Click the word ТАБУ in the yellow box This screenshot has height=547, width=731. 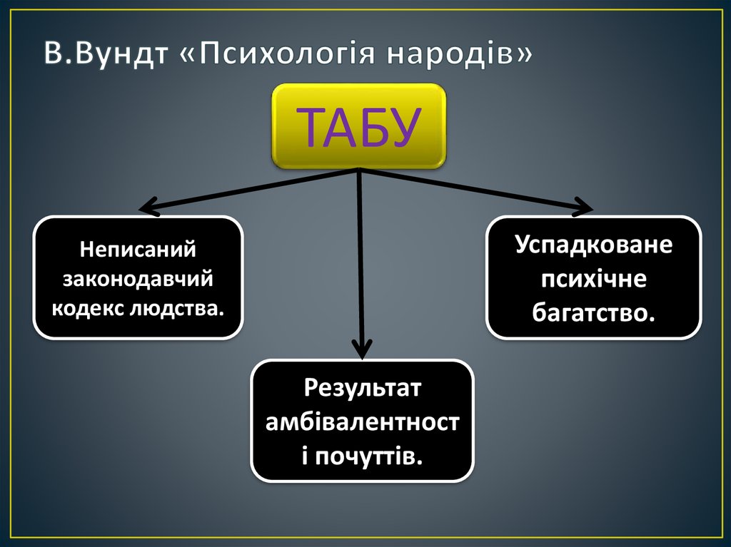358,127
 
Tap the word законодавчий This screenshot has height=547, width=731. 138,279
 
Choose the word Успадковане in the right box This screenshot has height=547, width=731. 593,245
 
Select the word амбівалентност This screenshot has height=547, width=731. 362,422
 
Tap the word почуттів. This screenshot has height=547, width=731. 370,455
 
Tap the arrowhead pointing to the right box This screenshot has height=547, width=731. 588,209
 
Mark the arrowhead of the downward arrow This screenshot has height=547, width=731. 362,352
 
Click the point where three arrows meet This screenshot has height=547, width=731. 359,171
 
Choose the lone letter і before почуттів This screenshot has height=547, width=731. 305,455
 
